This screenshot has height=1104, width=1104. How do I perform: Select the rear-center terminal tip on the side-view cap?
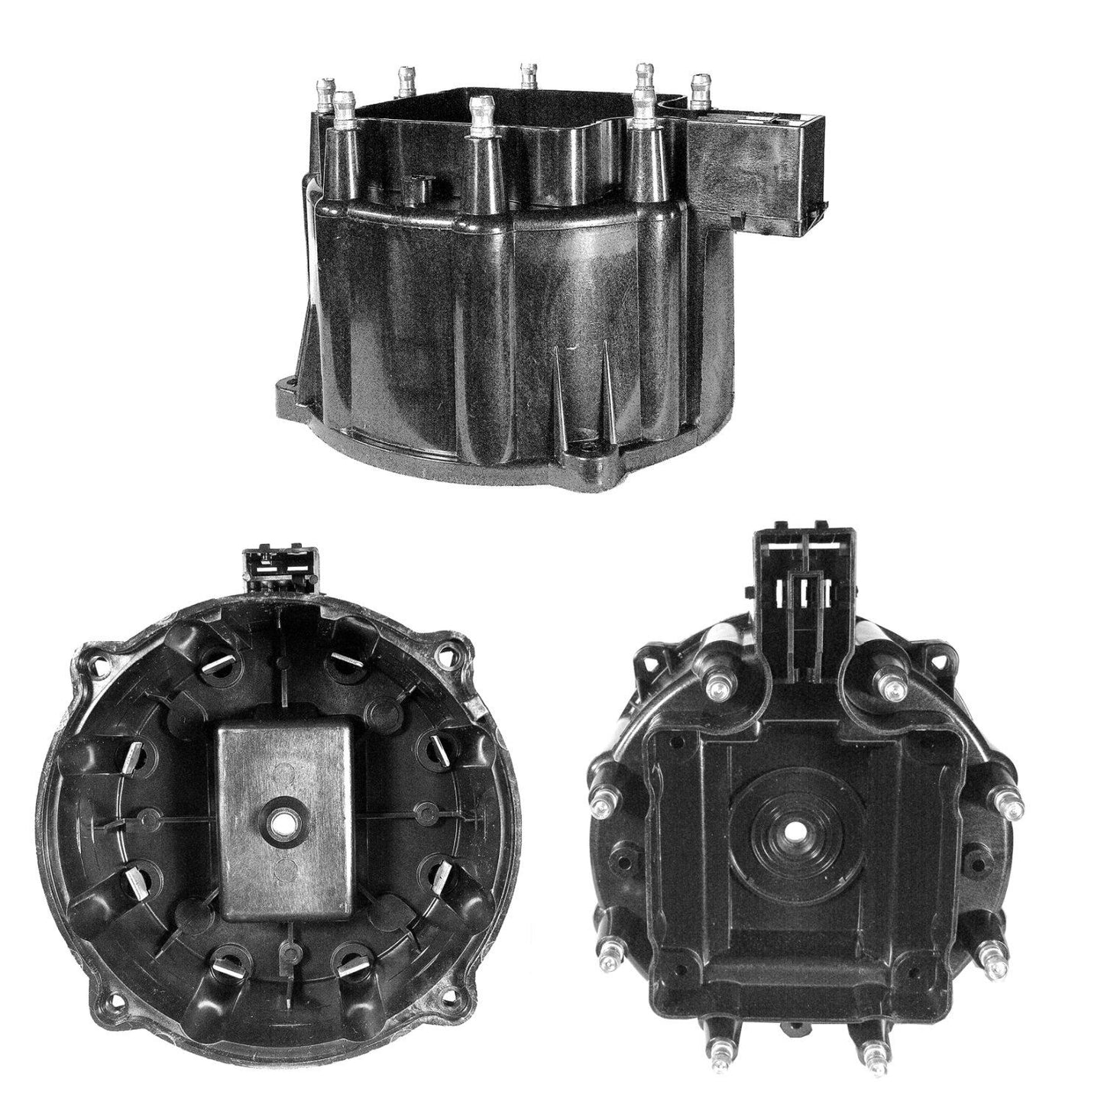coord(526,74)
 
